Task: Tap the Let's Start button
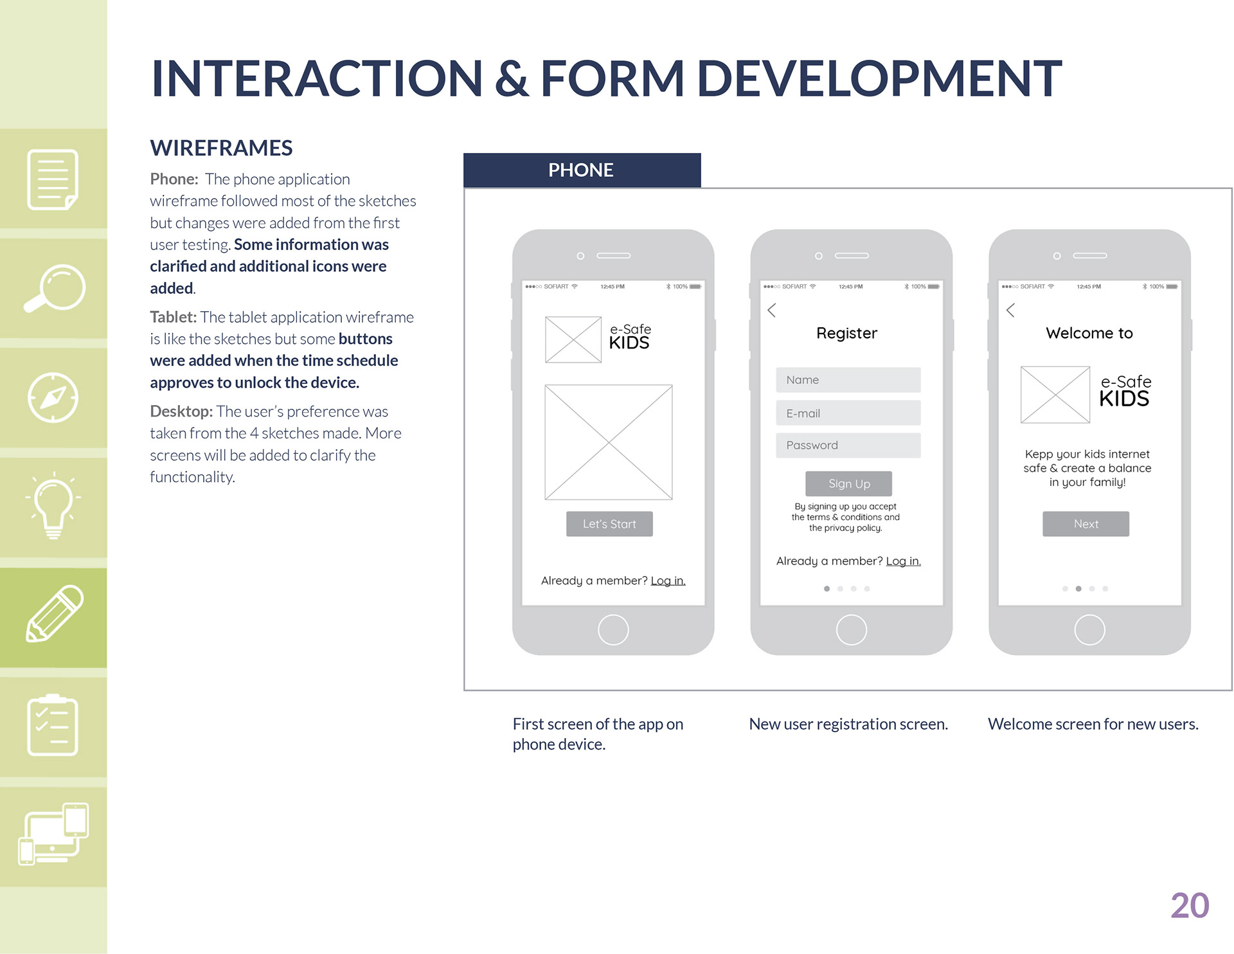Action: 609,524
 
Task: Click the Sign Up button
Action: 848,483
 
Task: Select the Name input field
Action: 848,380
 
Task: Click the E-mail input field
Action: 848,413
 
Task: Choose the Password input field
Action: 848,445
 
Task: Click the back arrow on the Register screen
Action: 772,310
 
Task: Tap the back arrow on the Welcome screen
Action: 1010,310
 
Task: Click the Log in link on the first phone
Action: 668,580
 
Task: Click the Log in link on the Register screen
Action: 903,561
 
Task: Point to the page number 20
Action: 1190,906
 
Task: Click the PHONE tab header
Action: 582,170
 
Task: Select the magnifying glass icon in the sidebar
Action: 54,289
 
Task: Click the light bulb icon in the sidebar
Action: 53,505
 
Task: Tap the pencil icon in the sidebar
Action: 54,615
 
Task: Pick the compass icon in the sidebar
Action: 53,398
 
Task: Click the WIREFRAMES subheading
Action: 221,148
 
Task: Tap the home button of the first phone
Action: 613,630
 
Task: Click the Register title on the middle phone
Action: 846,333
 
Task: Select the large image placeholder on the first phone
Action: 608,442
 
